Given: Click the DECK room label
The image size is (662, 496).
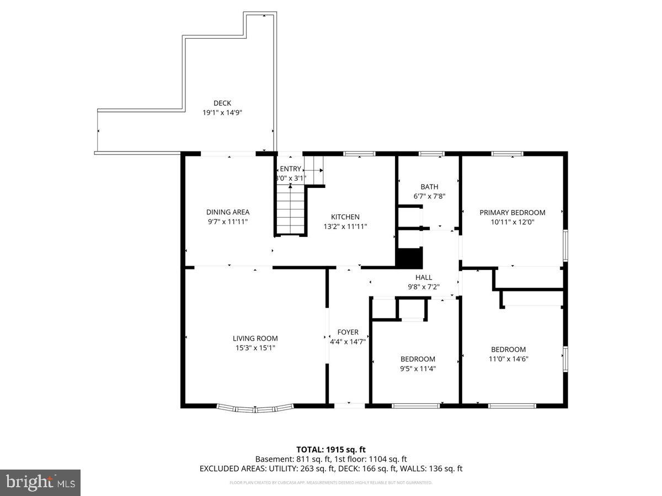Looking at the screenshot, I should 222,103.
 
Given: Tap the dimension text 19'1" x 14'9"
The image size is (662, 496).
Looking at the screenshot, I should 222,112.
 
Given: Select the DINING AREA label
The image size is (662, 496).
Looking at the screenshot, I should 228,212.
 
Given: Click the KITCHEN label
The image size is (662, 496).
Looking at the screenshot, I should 345,217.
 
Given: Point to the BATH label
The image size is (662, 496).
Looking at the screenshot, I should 429,187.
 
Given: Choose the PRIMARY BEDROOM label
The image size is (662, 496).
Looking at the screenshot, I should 512,213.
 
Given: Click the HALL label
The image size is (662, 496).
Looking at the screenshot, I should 424,277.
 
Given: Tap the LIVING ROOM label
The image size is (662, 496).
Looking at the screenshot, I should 255,338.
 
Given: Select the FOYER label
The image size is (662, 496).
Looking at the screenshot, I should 348,332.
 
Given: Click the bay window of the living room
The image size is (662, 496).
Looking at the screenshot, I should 255,408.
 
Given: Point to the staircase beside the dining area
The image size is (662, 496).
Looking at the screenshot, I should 291,209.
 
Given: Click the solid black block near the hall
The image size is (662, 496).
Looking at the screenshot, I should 409,258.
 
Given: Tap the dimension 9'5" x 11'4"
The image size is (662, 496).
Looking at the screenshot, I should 418,369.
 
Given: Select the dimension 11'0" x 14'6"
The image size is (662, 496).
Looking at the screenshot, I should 508,359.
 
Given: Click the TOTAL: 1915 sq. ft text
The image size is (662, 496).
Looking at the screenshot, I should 330,450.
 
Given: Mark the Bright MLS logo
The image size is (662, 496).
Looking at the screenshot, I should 40,483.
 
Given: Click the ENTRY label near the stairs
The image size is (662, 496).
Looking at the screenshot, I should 291,169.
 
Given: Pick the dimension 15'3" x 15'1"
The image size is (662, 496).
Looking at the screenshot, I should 255,348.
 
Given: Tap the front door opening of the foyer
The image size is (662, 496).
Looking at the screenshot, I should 350,405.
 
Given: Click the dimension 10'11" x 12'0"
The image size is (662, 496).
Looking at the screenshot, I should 512,222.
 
